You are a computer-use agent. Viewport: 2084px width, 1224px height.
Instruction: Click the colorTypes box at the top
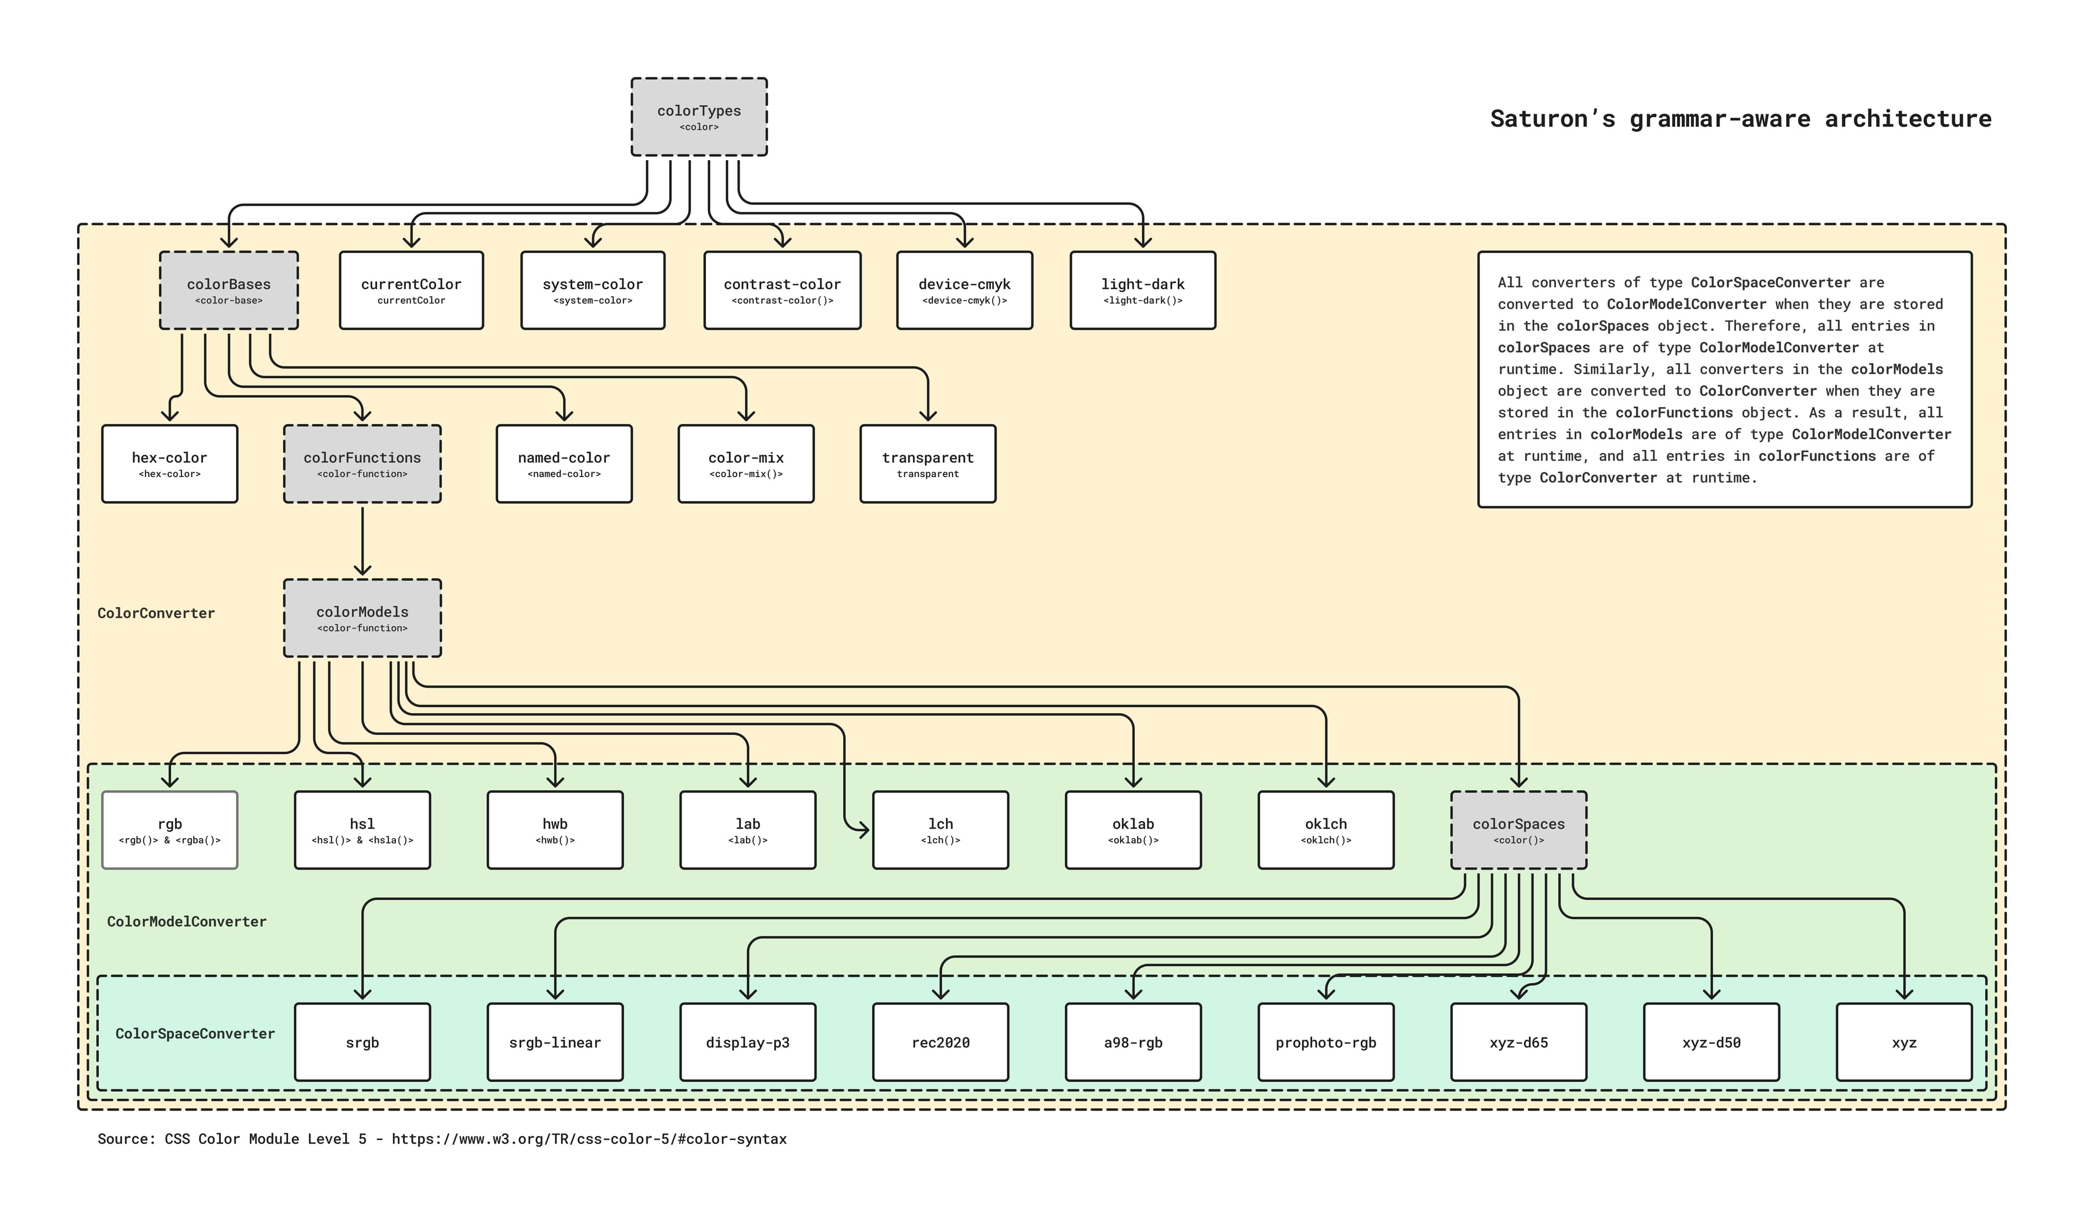coord(699,117)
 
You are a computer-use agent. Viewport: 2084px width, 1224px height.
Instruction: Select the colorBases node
coord(228,290)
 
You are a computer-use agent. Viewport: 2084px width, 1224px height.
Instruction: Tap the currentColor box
coord(411,290)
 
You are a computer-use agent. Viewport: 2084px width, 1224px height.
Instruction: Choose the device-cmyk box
coord(964,290)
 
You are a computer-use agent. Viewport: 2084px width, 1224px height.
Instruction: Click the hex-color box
coord(169,464)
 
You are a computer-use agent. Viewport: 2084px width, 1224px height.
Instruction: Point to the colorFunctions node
coord(362,464)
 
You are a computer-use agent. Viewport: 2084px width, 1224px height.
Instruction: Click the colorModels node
coord(362,618)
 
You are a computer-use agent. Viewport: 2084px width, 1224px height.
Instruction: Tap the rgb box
coord(169,829)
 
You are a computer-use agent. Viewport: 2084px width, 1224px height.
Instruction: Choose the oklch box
coord(1326,829)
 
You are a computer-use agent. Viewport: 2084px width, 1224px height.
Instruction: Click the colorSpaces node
coord(1518,829)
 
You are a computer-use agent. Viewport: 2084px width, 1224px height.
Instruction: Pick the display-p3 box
coord(748,1042)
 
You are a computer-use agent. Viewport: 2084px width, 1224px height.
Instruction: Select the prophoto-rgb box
coord(1326,1042)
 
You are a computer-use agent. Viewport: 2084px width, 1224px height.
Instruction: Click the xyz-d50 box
coord(1711,1042)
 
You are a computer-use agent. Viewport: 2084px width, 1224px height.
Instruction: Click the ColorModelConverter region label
coord(186,921)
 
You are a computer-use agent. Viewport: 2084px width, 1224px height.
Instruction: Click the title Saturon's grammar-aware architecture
coord(1740,119)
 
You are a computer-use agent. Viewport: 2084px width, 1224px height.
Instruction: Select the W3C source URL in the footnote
coord(589,1139)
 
